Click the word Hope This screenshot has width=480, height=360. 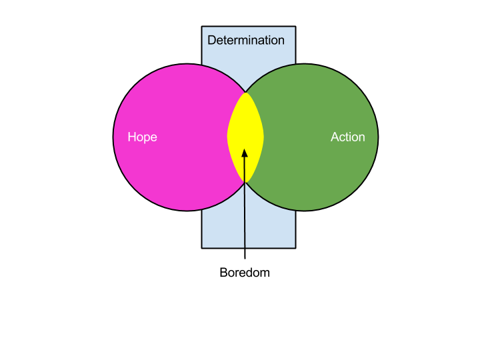coord(142,137)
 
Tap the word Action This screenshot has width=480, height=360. coord(347,137)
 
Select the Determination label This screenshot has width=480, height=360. coord(245,40)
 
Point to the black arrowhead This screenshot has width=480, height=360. coord(245,153)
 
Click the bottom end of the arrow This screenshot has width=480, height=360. coord(245,247)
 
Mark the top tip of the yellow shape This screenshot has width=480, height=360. coord(245,92)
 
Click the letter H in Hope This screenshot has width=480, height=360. coord(131,137)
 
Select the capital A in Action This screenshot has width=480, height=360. coord(335,137)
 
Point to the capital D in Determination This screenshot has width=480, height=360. coord(211,40)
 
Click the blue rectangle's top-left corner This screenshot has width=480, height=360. coord(203,27)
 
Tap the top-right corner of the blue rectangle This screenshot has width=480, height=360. coord(295,27)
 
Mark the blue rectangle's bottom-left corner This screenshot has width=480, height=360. coord(203,247)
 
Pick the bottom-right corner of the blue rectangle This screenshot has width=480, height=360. coord(295,247)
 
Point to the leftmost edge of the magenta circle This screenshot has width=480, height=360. coord(114,137)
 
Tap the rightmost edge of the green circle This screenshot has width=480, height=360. coord(377,137)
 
